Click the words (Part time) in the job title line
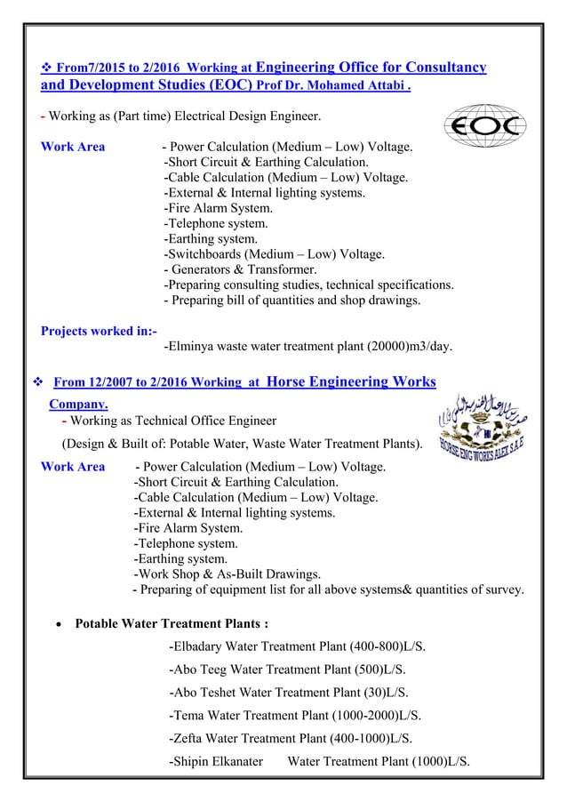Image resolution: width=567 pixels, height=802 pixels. pos(134,116)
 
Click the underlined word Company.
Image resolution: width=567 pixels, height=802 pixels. pos(77,404)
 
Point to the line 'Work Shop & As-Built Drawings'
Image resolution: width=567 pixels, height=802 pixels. pos(227,573)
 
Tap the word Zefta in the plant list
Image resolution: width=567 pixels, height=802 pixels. pos(192,738)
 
